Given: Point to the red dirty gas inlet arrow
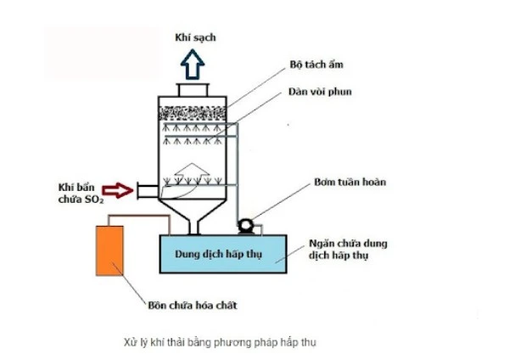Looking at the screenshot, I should click(124, 190).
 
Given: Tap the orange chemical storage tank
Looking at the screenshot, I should click(110, 250).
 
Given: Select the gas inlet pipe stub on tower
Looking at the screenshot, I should click(148, 190).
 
